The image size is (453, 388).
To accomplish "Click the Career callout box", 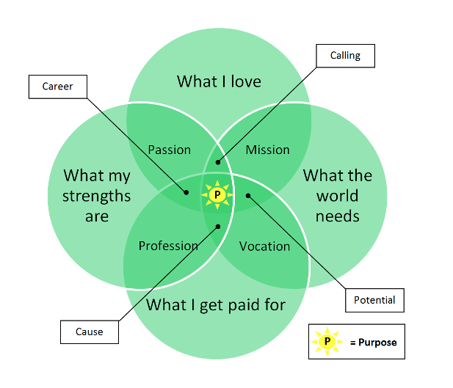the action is pyautogui.click(x=57, y=87).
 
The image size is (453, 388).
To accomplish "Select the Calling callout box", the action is pyautogui.click(x=345, y=55).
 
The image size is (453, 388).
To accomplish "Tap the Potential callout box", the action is pyautogui.click(x=374, y=300).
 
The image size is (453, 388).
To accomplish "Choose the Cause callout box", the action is pyautogui.click(x=89, y=332).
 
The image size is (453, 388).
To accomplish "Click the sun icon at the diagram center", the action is pyautogui.click(x=217, y=194).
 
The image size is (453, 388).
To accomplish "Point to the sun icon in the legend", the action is pyautogui.click(x=327, y=342).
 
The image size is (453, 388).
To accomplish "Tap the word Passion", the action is pyautogui.click(x=169, y=150).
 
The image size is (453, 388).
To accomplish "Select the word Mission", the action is pyautogui.click(x=267, y=150).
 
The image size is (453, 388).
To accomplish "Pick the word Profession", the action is pyautogui.click(x=168, y=246).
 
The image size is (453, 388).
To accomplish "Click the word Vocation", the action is pyautogui.click(x=264, y=246).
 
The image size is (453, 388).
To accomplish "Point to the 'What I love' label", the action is pyautogui.click(x=219, y=81).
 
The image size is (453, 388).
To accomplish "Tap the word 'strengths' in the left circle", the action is pyautogui.click(x=96, y=196).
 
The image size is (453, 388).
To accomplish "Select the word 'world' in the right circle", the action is pyautogui.click(x=338, y=196).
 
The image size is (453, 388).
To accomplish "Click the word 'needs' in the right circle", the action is pyautogui.click(x=337, y=216).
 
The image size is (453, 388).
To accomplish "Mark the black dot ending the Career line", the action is pyautogui.click(x=186, y=193).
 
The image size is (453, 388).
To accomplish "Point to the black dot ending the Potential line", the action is pyautogui.click(x=248, y=195).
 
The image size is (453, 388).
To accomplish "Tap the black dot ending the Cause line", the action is pyautogui.click(x=217, y=226).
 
